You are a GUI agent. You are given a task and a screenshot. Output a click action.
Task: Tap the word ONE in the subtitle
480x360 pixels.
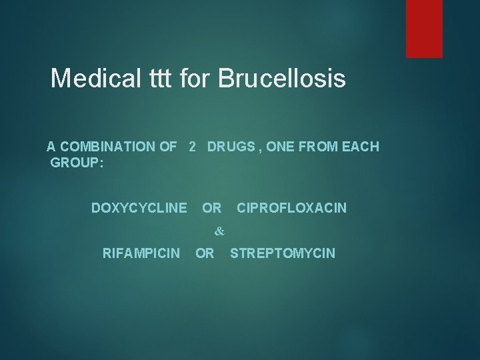point(279,147)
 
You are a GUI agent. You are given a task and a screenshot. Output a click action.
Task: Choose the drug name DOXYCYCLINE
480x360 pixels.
point(139,209)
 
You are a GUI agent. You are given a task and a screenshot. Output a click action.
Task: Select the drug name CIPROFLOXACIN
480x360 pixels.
point(291,209)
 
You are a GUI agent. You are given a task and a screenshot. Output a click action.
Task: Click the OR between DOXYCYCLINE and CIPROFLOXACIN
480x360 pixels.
point(212,209)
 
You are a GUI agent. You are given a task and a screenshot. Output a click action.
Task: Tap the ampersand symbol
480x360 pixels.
point(220,231)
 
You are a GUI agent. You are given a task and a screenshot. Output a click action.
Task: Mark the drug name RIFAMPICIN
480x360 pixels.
point(141,253)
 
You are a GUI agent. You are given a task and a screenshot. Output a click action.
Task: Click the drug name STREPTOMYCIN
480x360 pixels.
point(283,253)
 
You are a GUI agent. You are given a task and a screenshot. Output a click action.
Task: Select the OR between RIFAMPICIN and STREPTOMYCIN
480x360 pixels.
point(205,253)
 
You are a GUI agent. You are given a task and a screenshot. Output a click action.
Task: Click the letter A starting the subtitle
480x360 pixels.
point(51,147)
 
